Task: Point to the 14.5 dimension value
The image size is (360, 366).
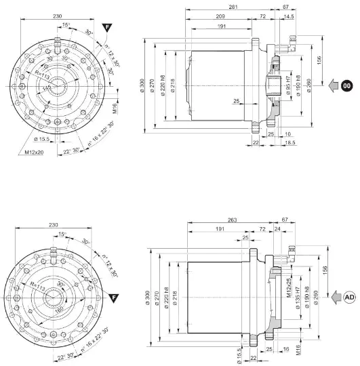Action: point(289,16)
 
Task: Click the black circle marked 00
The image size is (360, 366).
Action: point(346,85)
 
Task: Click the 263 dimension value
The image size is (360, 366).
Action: point(233,220)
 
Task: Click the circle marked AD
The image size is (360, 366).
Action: point(349,297)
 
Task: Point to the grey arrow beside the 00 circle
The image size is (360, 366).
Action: point(332,85)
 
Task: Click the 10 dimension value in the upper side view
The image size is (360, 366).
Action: point(289,134)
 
